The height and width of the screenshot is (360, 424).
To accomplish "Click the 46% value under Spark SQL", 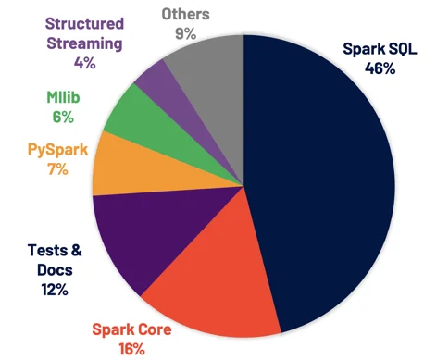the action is click(380, 68).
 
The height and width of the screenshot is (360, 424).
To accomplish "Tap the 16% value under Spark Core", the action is click(131, 349).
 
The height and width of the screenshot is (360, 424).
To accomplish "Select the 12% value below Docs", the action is click(55, 290).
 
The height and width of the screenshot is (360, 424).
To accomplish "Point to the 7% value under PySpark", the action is click(57, 169).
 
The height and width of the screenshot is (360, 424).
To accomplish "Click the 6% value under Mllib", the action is click(63, 117).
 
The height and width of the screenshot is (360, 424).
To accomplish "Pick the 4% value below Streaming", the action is click(84, 63).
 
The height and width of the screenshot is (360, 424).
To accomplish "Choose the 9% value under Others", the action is click(186, 33).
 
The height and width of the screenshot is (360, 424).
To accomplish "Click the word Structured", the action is click(84, 23).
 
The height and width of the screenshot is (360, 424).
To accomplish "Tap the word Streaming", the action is click(84, 43).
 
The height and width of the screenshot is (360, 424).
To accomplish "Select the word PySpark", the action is click(57, 150).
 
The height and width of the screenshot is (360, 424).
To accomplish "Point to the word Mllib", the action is click(63, 97).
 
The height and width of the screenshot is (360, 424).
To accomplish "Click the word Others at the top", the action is click(186, 14).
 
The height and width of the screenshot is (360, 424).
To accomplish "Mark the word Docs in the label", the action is click(55, 270).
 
